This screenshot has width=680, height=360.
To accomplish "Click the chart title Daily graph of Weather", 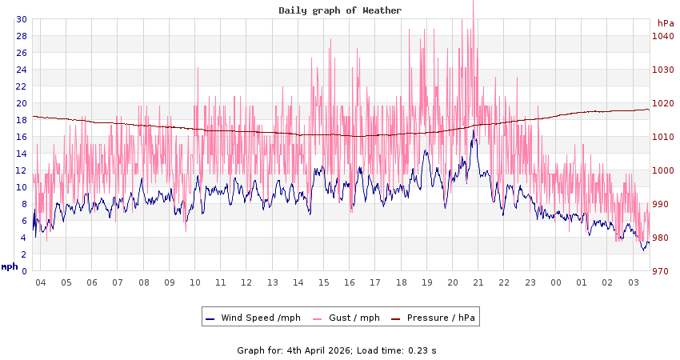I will click(x=340, y=10).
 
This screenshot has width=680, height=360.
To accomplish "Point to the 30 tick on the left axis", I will click(x=22, y=19).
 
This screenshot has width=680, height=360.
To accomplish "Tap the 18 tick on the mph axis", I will click(x=22, y=120).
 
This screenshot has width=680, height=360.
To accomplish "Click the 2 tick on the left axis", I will click(x=24, y=254).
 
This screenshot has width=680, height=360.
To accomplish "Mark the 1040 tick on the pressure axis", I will click(x=662, y=36).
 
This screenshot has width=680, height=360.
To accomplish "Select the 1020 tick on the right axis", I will click(x=662, y=103).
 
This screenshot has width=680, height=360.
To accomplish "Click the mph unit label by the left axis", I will click(x=9, y=266).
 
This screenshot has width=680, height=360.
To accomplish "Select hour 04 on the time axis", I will click(x=41, y=282).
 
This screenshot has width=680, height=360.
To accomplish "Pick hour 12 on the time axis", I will click(x=246, y=282).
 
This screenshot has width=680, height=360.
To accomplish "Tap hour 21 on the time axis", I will click(x=478, y=282).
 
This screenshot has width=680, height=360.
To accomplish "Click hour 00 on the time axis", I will click(x=556, y=282).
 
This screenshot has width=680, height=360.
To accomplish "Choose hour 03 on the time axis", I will click(x=634, y=282).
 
